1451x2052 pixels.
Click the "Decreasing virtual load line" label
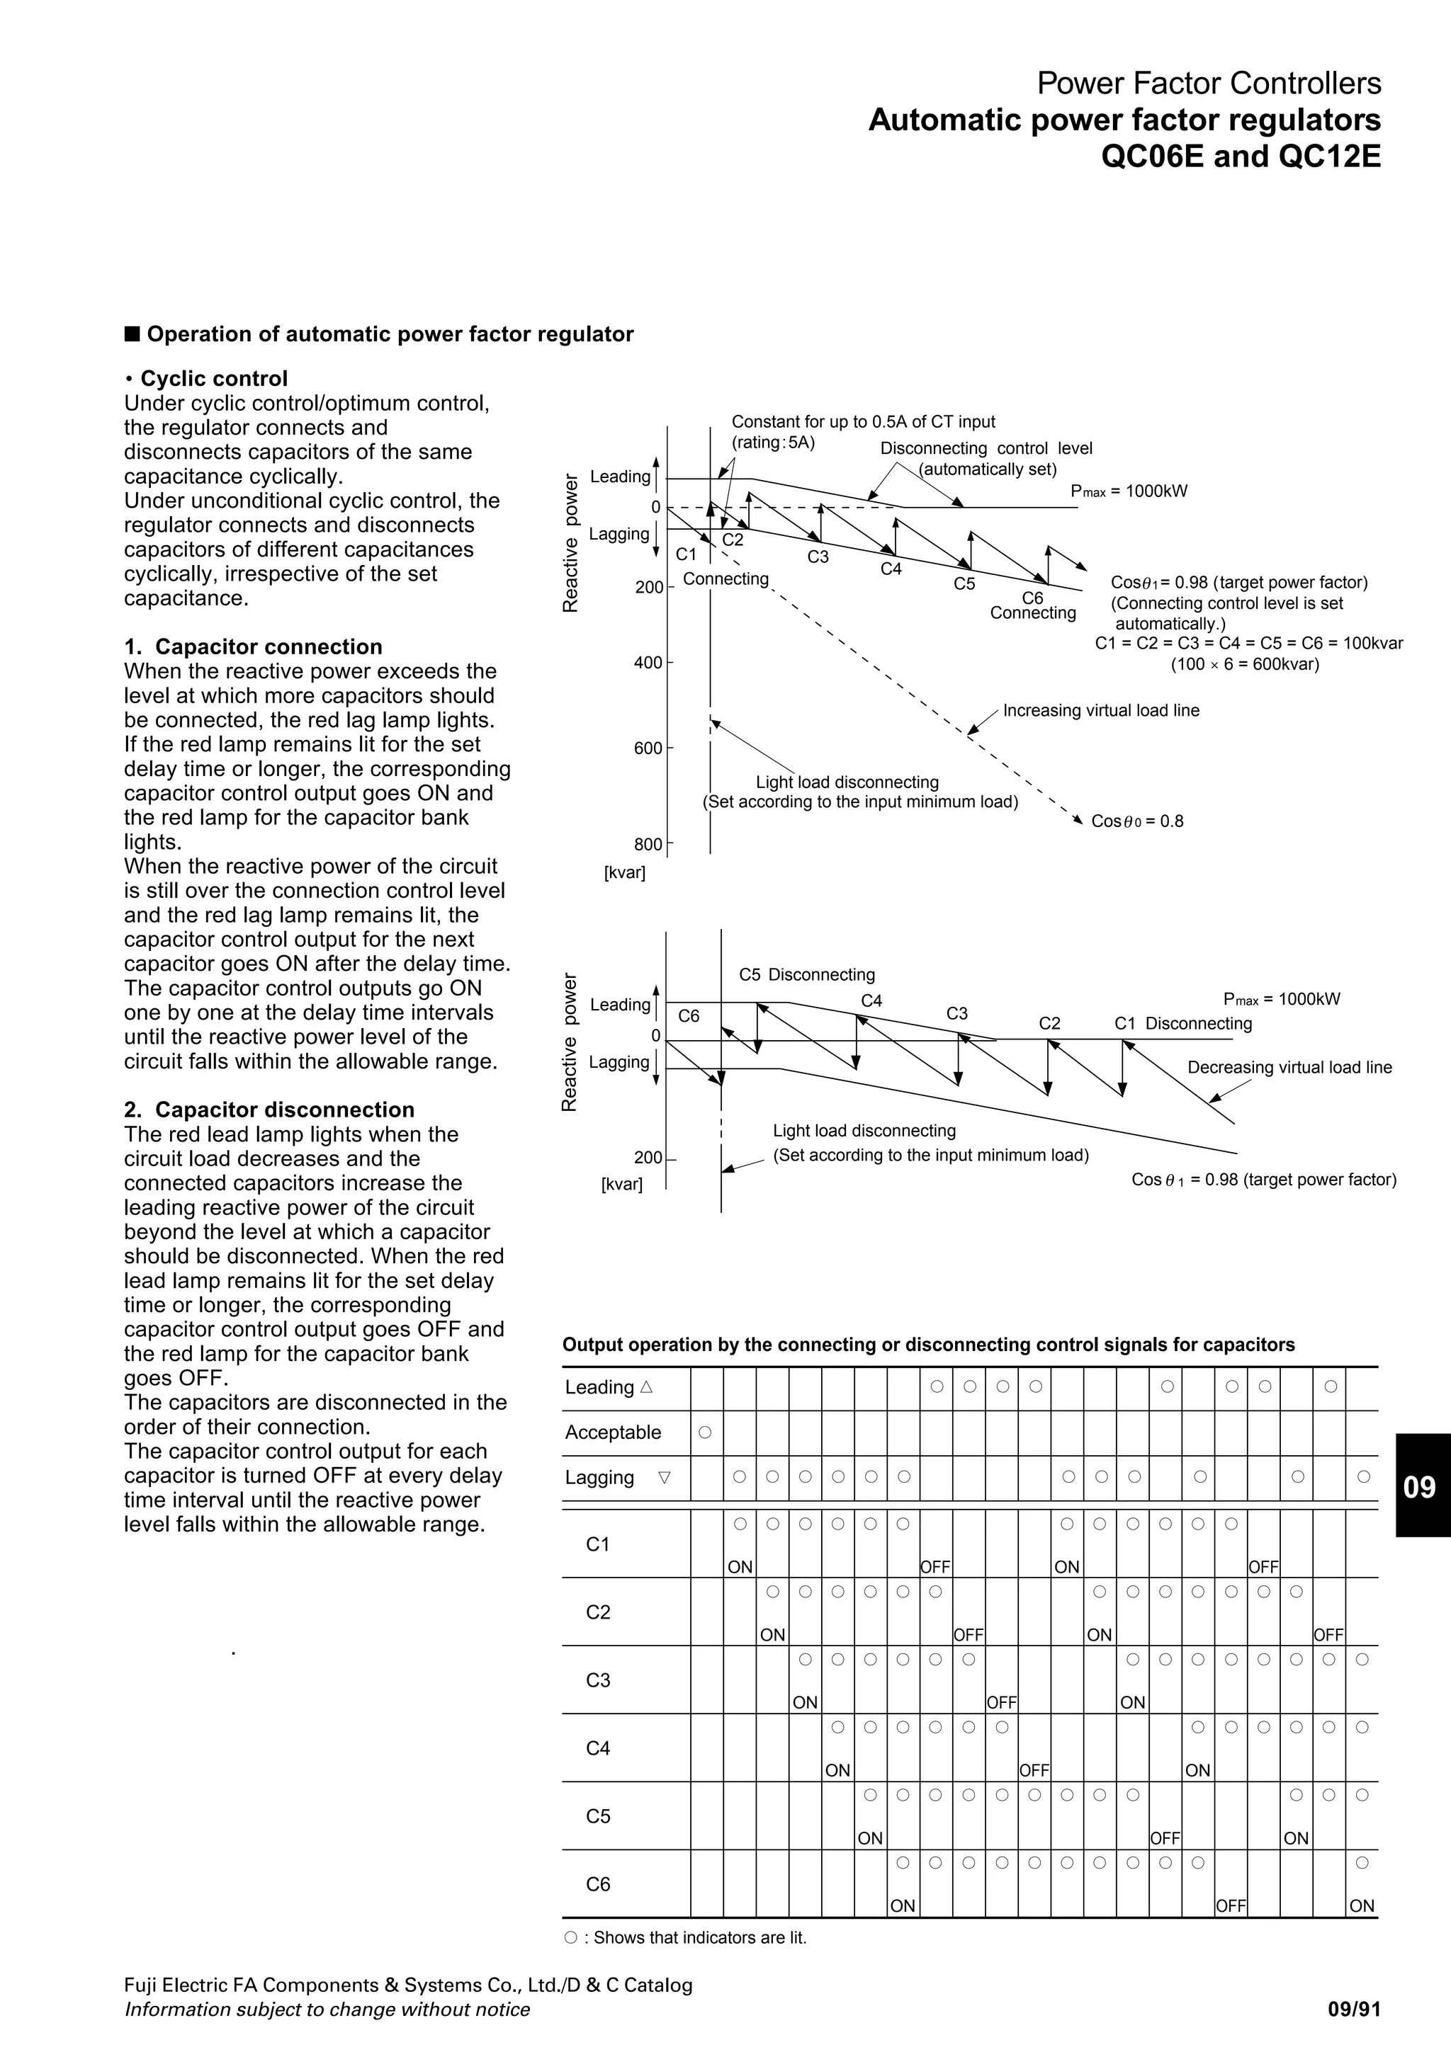[1289, 1067]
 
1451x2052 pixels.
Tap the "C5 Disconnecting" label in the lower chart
[806, 974]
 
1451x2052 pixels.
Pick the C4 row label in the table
[598, 1748]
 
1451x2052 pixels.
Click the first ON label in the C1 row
[740, 1567]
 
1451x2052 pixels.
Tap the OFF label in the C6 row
[1231, 1906]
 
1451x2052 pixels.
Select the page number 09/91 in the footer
[1355, 2010]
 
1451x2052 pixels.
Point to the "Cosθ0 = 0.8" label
[1137, 821]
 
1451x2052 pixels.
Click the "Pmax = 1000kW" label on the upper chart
[1129, 491]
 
